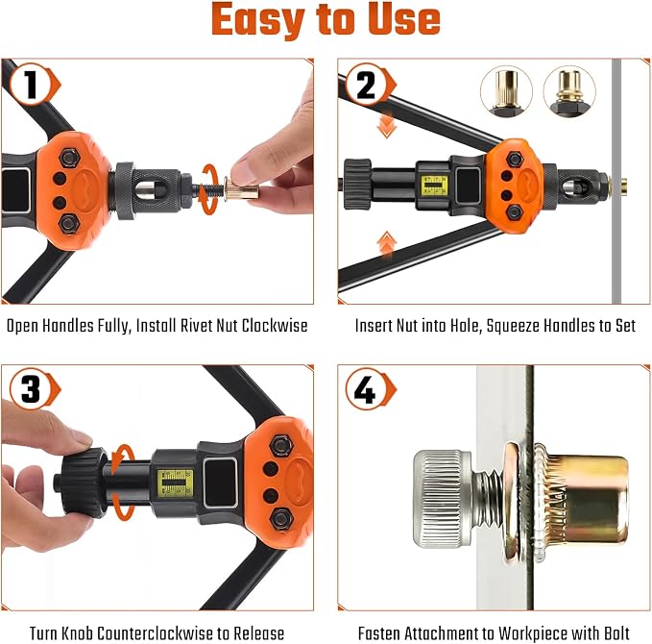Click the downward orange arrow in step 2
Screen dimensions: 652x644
pos(386,126)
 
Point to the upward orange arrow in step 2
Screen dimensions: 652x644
pos(387,243)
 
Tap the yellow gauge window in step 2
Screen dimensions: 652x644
pos(435,186)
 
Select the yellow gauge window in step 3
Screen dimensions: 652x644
pos(175,483)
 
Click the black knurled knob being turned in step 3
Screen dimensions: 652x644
pos(84,483)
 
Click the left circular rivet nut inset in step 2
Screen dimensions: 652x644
pos(506,91)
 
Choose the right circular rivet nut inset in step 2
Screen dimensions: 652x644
pos(569,91)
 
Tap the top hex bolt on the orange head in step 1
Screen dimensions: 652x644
pos(69,159)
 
